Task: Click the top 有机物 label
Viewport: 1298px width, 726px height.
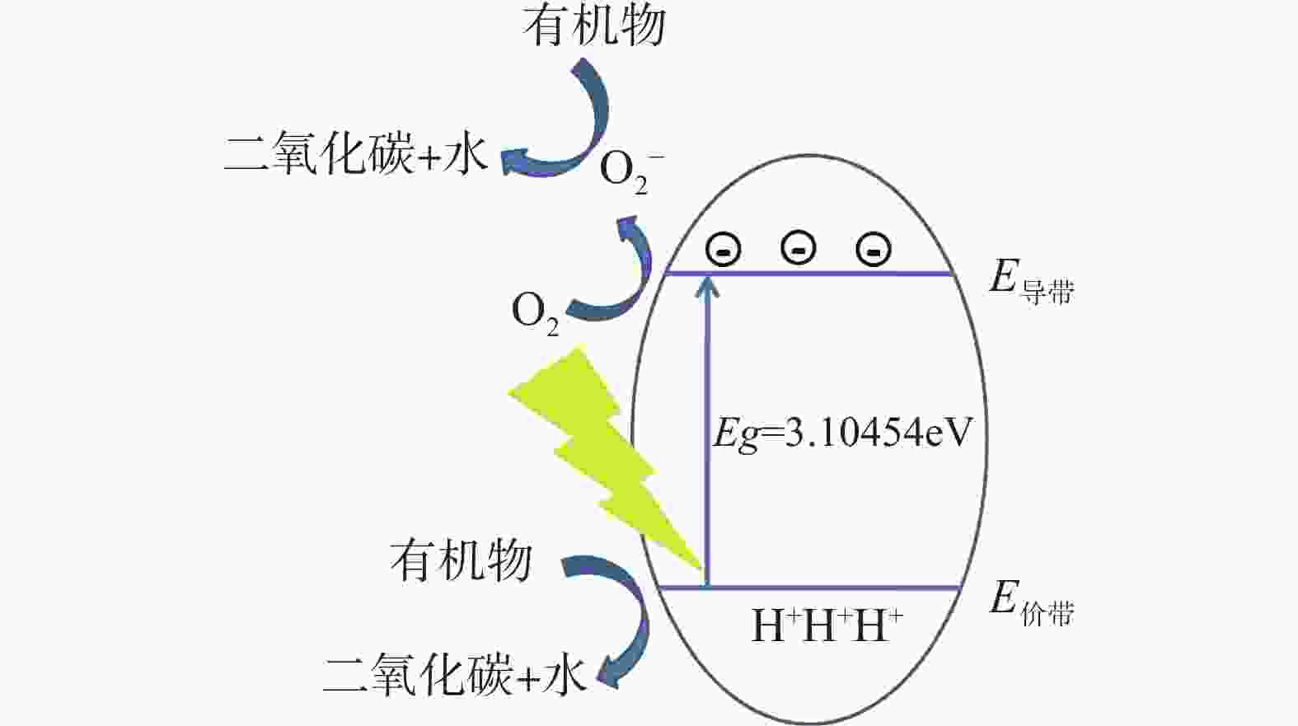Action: [x=594, y=26]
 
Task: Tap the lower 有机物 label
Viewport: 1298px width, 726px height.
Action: [x=462, y=561]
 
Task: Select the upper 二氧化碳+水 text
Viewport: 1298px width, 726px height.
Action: [x=355, y=153]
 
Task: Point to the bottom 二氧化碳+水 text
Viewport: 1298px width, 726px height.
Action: [x=454, y=674]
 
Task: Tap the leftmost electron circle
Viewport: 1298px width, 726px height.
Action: [x=723, y=250]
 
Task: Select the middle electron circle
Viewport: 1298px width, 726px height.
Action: [x=798, y=249]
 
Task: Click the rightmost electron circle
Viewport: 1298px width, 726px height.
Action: [x=874, y=249]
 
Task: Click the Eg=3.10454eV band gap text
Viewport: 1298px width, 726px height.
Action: [x=841, y=433]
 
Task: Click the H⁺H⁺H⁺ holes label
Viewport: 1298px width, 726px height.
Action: [x=827, y=625]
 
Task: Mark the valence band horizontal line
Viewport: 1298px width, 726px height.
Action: [x=810, y=588]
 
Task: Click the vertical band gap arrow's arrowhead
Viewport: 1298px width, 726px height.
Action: [x=707, y=286]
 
